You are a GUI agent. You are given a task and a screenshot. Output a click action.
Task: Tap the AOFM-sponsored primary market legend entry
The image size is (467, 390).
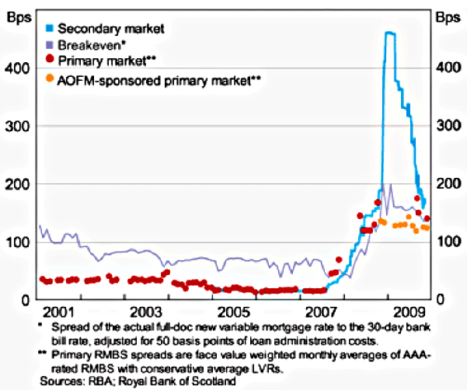pyautogui.click(x=159, y=79)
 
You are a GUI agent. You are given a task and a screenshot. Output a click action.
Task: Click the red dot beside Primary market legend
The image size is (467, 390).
pyautogui.click(x=50, y=61)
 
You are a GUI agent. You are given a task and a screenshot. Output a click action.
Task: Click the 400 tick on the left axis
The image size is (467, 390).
pyautogui.click(x=18, y=68)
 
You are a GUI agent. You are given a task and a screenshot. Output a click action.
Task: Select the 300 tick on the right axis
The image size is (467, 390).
pyautogui.click(x=447, y=126)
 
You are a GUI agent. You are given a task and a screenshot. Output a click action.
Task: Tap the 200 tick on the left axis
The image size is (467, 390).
pyautogui.click(x=18, y=184)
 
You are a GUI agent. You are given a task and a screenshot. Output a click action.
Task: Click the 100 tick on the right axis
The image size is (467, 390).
pyautogui.click(x=447, y=242)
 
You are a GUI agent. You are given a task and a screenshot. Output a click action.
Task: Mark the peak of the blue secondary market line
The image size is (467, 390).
pyautogui.click(x=389, y=33)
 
